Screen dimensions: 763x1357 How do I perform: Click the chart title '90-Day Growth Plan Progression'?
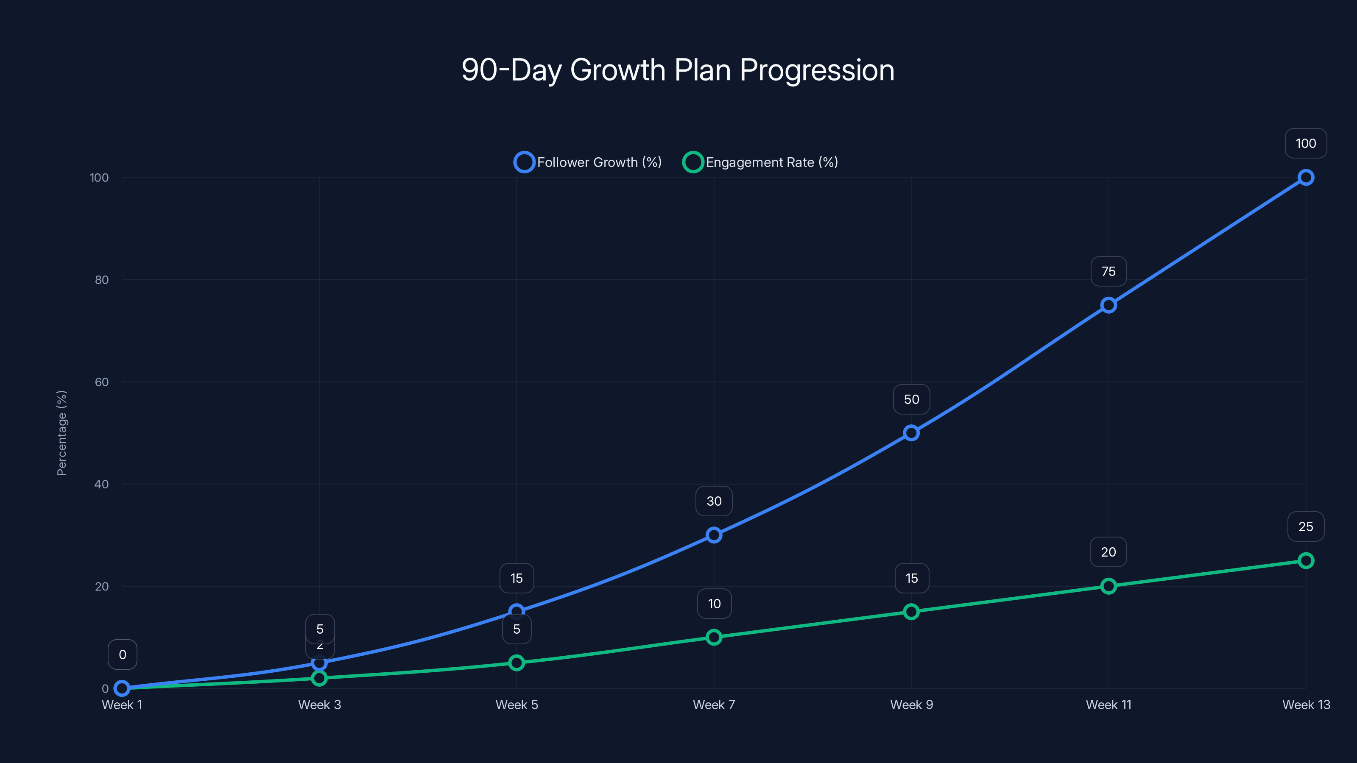(678, 70)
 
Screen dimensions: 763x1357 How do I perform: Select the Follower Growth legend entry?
(588, 162)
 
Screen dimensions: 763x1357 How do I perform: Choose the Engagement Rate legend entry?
(760, 162)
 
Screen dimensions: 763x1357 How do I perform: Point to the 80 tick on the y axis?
(102, 280)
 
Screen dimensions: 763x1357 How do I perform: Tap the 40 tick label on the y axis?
(102, 485)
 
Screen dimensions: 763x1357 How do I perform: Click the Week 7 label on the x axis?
(714, 705)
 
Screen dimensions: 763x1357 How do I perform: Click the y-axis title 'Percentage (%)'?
(61, 433)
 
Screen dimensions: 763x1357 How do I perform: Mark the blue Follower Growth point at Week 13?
(1305, 178)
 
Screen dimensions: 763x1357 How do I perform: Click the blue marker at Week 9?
(911, 433)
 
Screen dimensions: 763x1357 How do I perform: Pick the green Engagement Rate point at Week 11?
(1108, 586)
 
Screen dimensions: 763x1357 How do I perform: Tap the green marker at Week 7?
(714, 637)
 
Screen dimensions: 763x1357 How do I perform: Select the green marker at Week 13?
(1305, 561)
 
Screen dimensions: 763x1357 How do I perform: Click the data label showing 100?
(1305, 143)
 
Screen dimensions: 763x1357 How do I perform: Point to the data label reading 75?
(1108, 271)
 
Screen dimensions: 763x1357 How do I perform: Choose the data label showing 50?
(911, 399)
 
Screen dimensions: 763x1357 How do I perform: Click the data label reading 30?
(714, 501)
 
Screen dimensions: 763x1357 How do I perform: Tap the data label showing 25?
(1305, 526)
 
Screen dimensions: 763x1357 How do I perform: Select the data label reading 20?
(1108, 552)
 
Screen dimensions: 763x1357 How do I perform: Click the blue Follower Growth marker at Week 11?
(1108, 305)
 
